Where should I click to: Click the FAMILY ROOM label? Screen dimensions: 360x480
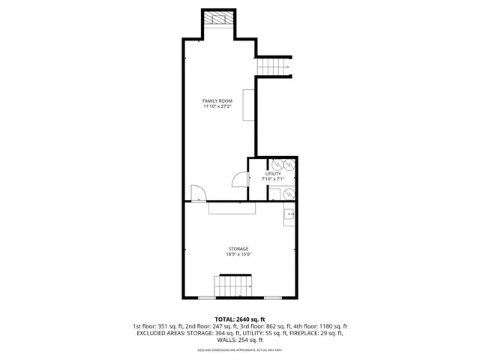217,100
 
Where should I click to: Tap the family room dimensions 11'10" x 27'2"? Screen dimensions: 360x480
217,106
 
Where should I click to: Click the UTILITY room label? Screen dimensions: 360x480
272,174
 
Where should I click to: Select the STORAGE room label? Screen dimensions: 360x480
238,248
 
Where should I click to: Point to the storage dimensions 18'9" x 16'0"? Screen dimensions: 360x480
238,254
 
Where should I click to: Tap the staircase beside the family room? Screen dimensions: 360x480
274,67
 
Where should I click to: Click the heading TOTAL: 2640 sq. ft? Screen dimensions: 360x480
239,319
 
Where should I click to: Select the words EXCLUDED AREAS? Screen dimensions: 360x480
160,333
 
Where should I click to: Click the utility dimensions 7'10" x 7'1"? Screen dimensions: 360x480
272,180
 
